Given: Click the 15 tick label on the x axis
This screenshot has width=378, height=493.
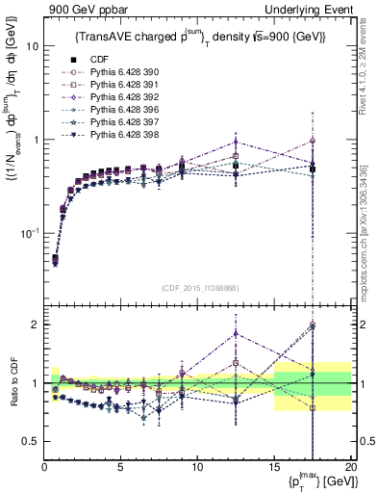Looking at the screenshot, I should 273,468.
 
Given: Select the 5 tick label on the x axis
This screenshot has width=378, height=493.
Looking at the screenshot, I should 120,468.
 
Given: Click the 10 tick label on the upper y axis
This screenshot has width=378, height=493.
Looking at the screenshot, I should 31,46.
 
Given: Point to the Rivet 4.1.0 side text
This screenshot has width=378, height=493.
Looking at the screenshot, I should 370,77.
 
